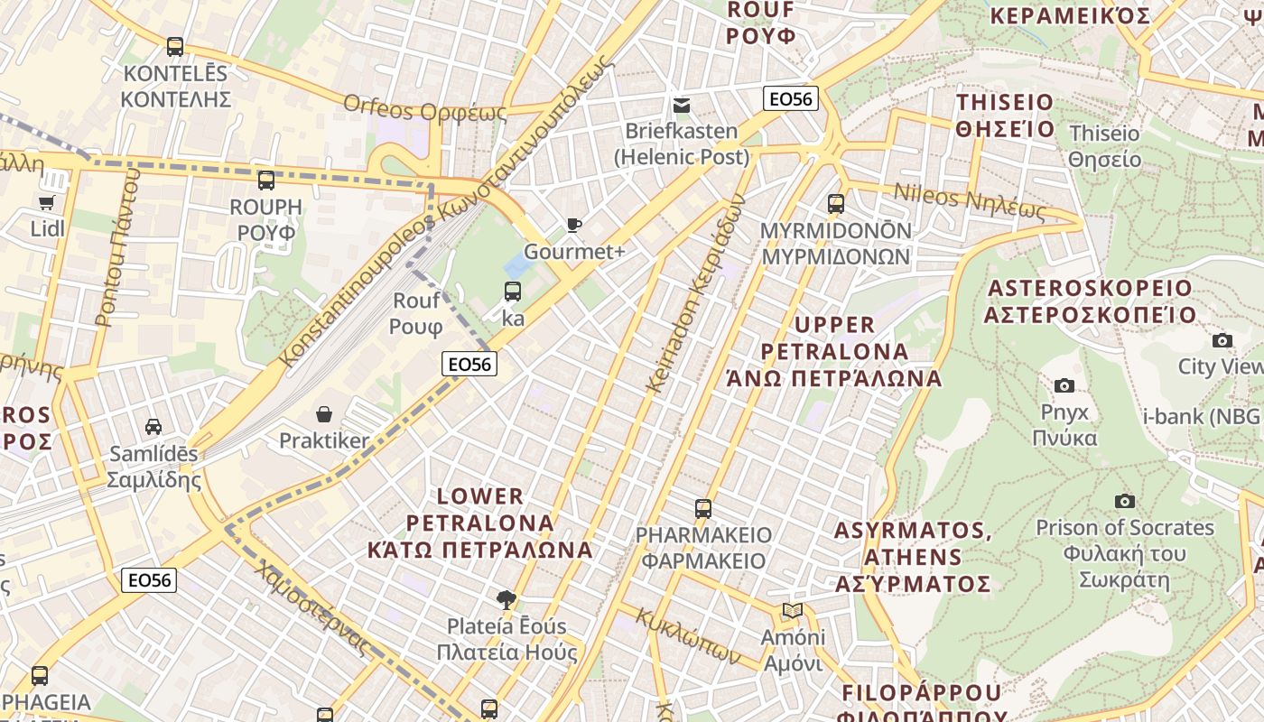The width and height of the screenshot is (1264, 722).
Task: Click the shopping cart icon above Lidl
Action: click(x=47, y=203)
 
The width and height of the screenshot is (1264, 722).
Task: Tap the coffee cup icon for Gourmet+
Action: click(x=573, y=225)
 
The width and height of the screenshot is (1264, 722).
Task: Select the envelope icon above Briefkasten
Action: click(x=682, y=106)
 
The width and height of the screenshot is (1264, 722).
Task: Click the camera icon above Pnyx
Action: click(x=1064, y=385)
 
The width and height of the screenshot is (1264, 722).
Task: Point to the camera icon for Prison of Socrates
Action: click(x=1124, y=501)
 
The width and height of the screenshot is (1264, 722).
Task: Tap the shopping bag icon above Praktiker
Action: click(x=324, y=414)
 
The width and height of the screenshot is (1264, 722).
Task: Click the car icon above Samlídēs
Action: click(x=153, y=426)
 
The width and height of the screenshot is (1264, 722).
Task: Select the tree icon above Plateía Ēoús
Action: click(x=507, y=599)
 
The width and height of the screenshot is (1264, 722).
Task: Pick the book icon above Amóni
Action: click(x=793, y=611)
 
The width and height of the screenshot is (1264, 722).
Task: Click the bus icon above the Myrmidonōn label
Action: click(x=836, y=203)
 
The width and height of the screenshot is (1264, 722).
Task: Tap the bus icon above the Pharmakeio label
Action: click(x=703, y=508)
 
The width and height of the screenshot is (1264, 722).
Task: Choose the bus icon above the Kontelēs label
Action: click(x=175, y=46)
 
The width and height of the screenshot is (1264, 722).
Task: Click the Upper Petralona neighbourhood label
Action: click(x=834, y=351)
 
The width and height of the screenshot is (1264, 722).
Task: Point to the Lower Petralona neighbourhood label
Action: click(x=480, y=523)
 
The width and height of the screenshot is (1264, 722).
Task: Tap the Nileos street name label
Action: click(x=969, y=202)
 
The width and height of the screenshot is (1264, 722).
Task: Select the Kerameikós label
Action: click(x=1070, y=16)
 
